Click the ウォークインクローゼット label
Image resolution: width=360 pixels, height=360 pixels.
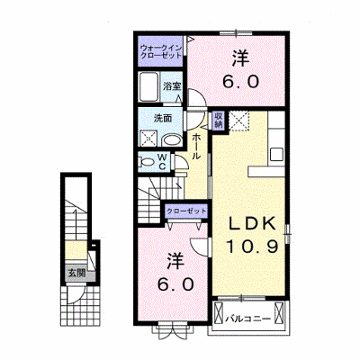161,51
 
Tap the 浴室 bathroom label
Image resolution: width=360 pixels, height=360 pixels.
172,86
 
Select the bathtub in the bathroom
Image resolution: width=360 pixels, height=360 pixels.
148,87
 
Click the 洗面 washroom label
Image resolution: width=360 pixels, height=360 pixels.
163,119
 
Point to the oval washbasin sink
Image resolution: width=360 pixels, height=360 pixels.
171,139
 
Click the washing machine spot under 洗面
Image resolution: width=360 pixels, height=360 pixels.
148,138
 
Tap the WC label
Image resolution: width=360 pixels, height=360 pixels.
162,162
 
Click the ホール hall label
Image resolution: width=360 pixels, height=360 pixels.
195,147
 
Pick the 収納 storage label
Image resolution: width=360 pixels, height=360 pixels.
219,121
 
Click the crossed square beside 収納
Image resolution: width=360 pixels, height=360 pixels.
238,121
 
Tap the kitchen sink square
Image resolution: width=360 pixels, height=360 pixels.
276,154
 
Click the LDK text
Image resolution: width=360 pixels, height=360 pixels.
252,224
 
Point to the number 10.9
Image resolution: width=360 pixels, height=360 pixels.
253,247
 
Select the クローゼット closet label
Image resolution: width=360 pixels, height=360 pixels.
186,211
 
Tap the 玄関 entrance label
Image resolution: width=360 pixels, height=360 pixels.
76,273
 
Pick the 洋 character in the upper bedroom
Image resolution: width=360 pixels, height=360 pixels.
240,58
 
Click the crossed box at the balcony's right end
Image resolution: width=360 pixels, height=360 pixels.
279,312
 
